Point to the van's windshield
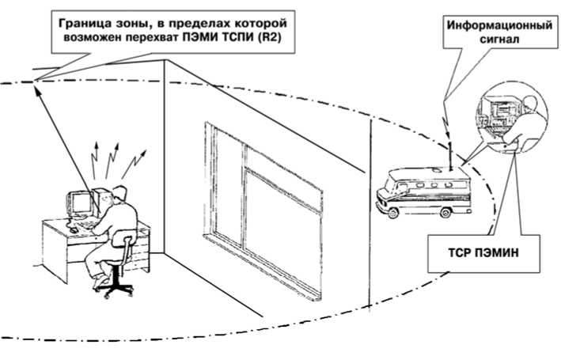(389, 188)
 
